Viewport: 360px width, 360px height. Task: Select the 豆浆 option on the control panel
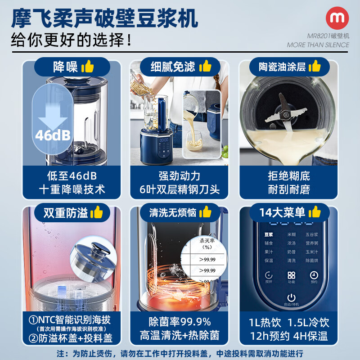tap(269, 234)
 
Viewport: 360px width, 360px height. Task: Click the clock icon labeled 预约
tap(314, 275)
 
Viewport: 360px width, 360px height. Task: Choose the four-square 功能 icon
tap(291, 275)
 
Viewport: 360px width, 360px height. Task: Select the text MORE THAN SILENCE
tap(318, 45)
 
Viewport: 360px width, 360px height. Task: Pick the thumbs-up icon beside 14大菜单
tap(315, 211)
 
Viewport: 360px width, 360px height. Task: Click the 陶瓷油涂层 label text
tap(282, 67)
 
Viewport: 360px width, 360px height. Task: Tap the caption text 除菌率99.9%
tap(180, 322)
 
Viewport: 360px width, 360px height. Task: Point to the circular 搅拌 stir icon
tap(269, 275)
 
